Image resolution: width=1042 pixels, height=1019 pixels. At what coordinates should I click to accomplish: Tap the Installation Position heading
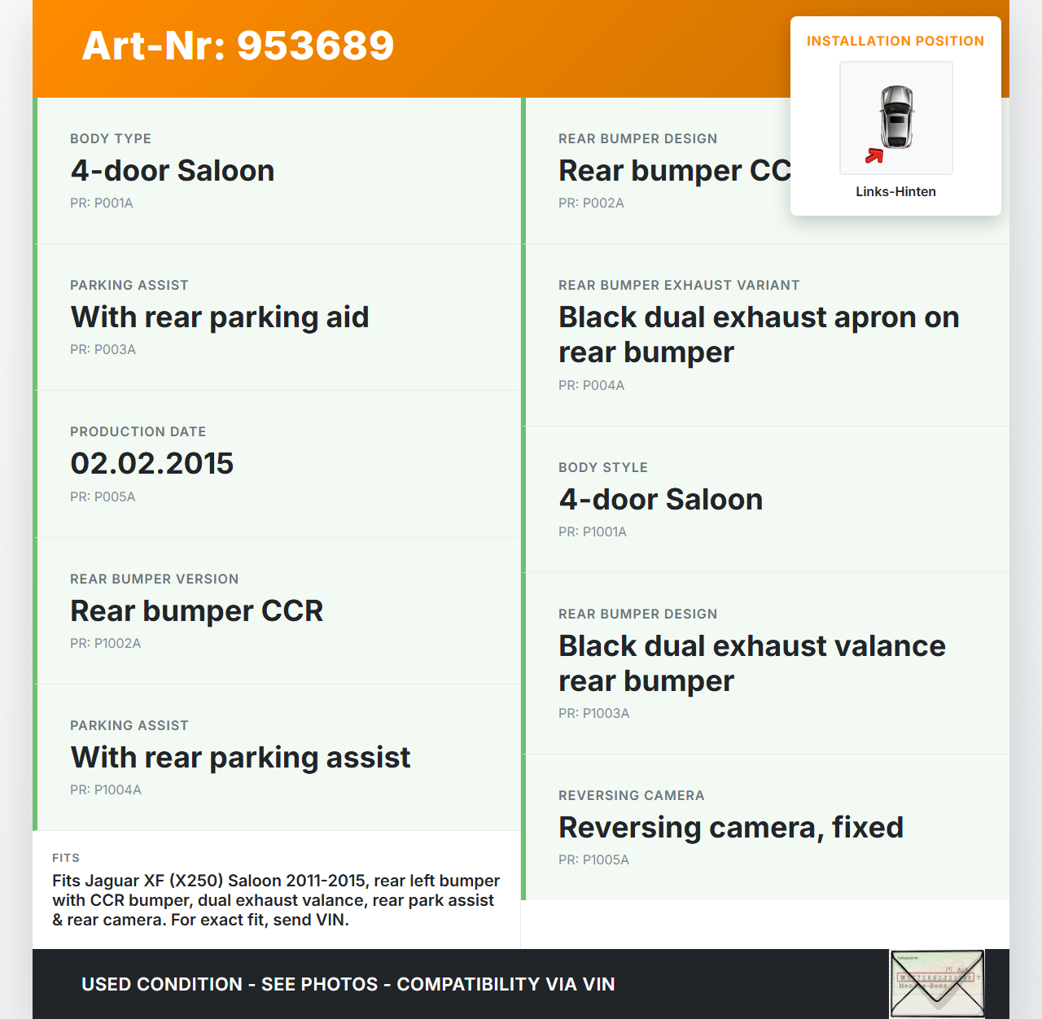pos(895,41)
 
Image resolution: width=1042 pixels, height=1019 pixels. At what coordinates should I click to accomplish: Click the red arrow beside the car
pos(873,155)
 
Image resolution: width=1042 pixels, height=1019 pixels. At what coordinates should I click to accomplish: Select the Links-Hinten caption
pos(895,191)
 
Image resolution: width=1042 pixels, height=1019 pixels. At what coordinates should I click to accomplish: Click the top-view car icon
pos(896,116)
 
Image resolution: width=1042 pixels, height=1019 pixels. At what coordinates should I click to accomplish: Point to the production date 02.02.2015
pos(151,464)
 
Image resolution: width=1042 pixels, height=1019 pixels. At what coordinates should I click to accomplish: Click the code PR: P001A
pos(101,203)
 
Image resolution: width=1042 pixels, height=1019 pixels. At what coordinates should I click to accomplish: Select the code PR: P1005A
pos(593,859)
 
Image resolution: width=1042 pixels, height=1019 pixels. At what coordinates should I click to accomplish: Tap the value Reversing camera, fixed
pos(730,827)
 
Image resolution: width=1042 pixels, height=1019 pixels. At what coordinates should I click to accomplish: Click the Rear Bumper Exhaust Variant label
pos(678,285)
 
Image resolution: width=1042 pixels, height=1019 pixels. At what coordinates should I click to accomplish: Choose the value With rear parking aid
pos(219,317)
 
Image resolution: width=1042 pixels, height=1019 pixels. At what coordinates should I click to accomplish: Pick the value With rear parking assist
pos(240,758)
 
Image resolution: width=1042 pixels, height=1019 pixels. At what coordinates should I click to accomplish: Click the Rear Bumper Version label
pos(154,579)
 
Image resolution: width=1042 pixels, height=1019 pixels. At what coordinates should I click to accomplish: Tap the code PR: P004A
pos(591,385)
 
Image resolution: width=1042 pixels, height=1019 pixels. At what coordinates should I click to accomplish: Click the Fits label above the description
pos(66,858)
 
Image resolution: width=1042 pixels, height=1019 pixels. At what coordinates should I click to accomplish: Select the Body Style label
pos(602,467)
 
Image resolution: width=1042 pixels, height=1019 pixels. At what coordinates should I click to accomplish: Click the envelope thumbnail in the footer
pos(937,983)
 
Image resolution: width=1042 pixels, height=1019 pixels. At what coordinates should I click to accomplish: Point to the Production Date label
pos(138,431)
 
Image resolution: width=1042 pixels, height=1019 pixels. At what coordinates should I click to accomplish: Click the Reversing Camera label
pos(631,795)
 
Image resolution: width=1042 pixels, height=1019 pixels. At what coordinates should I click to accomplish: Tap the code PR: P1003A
pos(593,713)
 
